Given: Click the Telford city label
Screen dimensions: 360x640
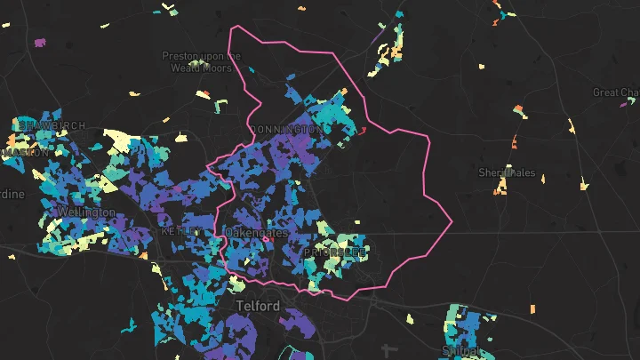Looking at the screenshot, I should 258,306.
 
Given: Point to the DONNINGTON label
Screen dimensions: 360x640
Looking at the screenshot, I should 287,130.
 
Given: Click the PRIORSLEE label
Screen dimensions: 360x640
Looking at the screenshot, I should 334,252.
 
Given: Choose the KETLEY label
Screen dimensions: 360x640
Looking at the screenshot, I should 180,230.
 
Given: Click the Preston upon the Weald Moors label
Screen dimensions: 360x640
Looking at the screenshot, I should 201,61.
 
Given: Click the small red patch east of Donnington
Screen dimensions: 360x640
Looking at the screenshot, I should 363,131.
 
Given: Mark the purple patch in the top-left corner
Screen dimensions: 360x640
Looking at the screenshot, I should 39,42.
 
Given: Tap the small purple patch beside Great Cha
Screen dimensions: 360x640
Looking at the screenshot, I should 622,104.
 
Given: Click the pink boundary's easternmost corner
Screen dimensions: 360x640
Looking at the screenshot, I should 452,220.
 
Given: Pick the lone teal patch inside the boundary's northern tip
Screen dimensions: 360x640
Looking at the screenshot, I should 252,69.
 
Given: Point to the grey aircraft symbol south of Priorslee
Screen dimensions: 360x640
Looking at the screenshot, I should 385,349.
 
